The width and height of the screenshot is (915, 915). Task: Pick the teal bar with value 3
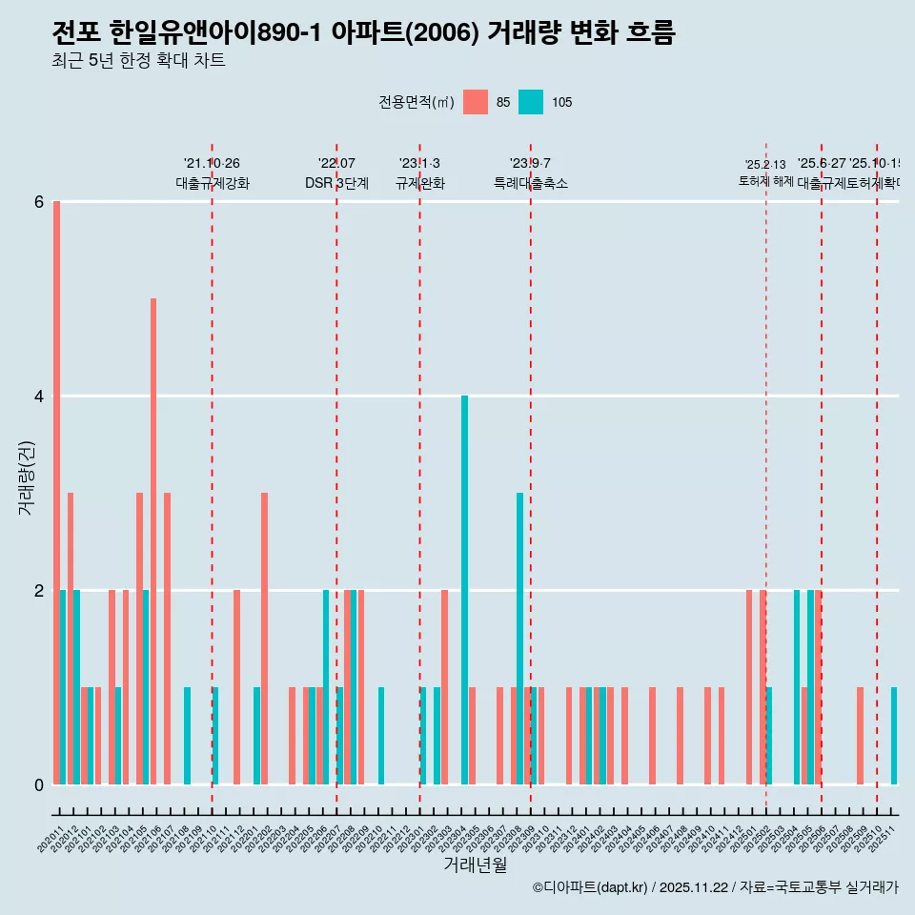pyautogui.click(x=519, y=638)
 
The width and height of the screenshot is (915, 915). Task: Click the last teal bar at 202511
pyautogui.click(x=894, y=735)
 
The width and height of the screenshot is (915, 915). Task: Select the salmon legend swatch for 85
pyautogui.click(x=475, y=102)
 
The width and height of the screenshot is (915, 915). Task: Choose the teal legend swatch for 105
pyautogui.click(x=531, y=102)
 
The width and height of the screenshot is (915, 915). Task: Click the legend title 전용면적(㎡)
pyautogui.click(x=417, y=102)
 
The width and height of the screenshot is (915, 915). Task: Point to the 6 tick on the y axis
pyautogui.click(x=39, y=202)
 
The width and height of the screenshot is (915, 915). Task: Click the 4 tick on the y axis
pyautogui.click(x=39, y=396)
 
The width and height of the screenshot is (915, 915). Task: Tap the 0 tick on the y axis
pyautogui.click(x=39, y=784)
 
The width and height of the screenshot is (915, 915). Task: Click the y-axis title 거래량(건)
pyautogui.click(x=27, y=478)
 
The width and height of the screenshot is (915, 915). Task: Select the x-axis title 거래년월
pyautogui.click(x=475, y=864)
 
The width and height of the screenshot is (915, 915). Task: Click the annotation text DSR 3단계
pyautogui.click(x=336, y=183)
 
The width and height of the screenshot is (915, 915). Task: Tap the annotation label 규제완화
pyautogui.click(x=420, y=183)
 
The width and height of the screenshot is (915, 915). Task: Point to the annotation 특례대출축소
pyautogui.click(x=530, y=183)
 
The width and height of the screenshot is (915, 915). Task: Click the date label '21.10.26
pyautogui.click(x=212, y=164)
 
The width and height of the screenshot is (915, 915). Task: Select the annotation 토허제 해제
pyautogui.click(x=765, y=180)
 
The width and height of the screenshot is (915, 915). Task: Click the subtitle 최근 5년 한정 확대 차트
pyautogui.click(x=138, y=61)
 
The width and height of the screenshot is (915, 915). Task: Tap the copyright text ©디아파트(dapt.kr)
pyautogui.click(x=590, y=887)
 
